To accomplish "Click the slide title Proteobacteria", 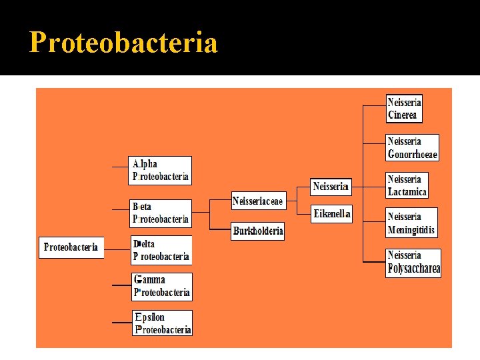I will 124,43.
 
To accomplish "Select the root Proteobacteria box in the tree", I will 71,247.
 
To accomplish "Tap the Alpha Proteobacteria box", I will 161,171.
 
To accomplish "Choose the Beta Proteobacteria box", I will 161,213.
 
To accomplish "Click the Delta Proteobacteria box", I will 161,250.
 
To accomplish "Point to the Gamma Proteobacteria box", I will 162,286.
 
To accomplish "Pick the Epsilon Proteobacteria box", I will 162,323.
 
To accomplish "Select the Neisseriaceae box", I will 257,201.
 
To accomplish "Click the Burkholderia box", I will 258,231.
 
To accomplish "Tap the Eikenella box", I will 331,214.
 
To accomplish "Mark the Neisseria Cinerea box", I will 404,109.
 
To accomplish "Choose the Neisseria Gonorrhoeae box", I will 413,148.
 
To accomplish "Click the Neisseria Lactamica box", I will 407,185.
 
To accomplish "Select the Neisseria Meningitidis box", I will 411,223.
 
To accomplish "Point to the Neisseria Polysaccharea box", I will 413,263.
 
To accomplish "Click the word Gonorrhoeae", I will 413,155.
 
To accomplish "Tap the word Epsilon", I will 149,317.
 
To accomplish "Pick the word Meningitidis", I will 411,231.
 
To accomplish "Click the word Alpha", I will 145,164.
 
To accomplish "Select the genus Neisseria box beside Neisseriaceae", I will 331,186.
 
